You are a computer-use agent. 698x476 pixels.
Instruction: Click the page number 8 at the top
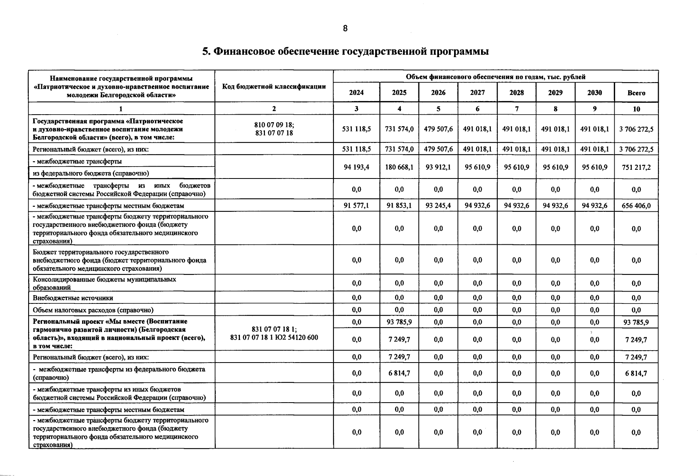click(345, 28)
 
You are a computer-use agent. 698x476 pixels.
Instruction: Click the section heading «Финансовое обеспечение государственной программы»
click(345, 52)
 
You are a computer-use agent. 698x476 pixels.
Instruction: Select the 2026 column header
click(438, 93)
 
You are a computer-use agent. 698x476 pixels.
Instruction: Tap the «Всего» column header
click(636, 93)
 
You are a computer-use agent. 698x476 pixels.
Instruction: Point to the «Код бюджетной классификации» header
click(274, 86)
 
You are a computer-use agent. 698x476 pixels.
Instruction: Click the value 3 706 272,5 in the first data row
click(636, 129)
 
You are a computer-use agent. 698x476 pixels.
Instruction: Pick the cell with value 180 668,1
click(399, 167)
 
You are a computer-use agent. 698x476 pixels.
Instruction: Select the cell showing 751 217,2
click(636, 167)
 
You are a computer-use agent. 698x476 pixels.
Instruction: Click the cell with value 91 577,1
click(357, 205)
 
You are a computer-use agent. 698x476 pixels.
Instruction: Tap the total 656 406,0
click(636, 205)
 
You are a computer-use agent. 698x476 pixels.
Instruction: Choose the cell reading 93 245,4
click(438, 205)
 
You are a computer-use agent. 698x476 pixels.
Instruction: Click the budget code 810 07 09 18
click(274, 125)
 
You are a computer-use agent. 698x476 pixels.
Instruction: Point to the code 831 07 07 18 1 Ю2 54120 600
click(274, 338)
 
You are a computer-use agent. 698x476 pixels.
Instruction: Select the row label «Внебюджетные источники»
click(73, 298)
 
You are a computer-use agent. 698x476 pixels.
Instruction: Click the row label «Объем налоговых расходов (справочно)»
click(93, 310)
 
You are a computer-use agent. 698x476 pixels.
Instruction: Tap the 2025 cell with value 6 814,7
click(399, 373)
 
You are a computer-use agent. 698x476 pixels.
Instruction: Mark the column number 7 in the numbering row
click(516, 109)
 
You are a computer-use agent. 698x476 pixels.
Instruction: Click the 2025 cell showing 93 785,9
click(399, 322)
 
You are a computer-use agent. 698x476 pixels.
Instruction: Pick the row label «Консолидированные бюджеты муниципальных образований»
click(105, 283)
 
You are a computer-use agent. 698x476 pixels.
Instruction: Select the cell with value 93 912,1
click(438, 167)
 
